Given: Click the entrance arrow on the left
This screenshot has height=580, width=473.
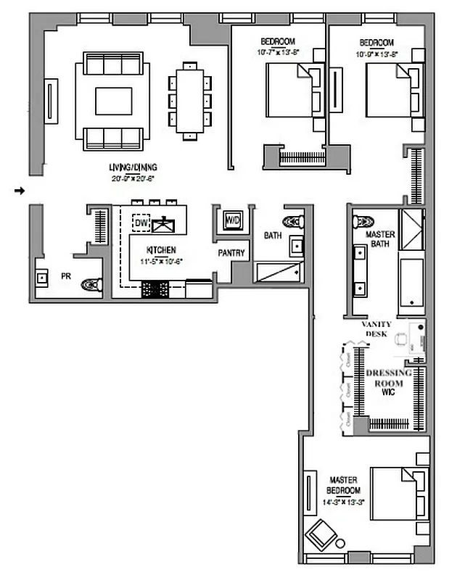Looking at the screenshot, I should tap(20, 191).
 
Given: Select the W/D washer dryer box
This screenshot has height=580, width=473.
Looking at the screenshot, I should tap(232, 220).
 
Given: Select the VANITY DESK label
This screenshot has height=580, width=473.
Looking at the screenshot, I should tap(377, 328).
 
